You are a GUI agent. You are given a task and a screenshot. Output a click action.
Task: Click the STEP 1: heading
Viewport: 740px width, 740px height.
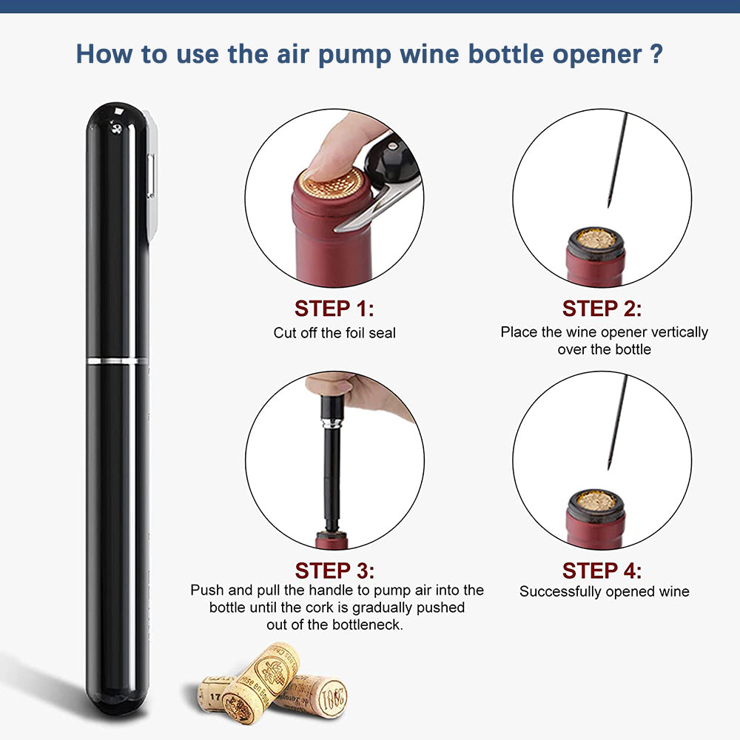point(334,308)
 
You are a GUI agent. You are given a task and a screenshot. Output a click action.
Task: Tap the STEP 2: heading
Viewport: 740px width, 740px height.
point(602,308)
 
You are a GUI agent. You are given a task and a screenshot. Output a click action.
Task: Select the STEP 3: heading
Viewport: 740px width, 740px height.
point(334,571)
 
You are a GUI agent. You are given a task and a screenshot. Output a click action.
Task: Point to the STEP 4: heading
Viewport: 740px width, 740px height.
point(602,571)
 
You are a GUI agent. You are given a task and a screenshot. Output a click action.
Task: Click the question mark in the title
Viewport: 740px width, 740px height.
point(654,54)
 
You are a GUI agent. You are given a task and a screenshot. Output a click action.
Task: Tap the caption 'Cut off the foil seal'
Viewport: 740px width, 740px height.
point(334,333)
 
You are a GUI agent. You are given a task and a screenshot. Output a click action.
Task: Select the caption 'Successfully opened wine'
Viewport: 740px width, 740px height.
point(604,591)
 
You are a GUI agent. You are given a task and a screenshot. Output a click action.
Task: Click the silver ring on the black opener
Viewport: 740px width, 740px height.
point(117,360)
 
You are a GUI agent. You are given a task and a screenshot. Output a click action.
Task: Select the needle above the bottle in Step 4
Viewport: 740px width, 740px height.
point(616,422)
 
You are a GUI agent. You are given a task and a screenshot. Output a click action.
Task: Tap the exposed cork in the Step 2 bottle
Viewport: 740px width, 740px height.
point(596,238)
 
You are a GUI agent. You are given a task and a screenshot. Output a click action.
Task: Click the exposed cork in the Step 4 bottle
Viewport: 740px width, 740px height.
point(596,500)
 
